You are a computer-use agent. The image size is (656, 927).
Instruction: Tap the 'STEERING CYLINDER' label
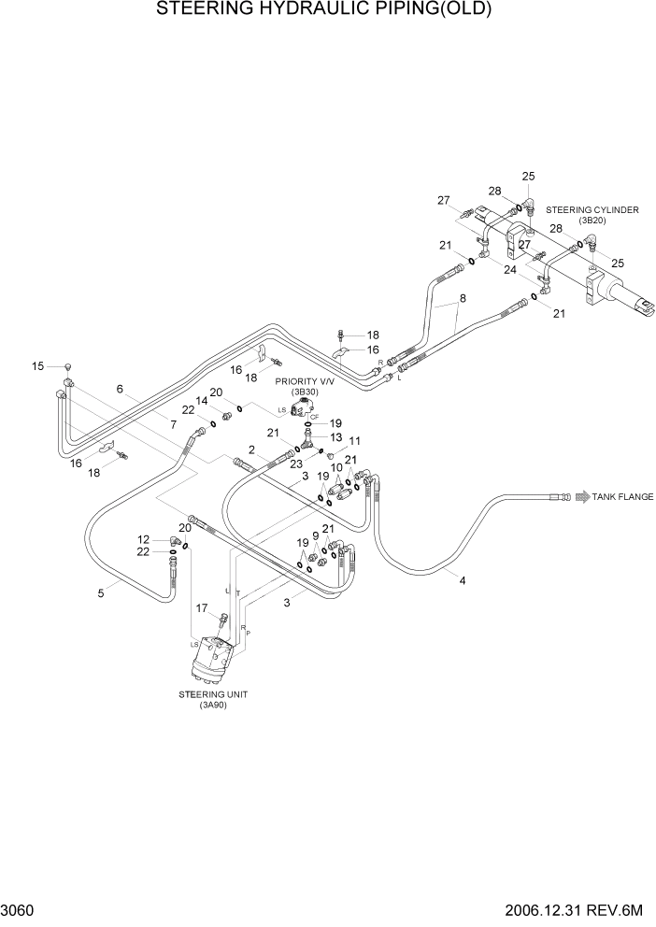pyautogui.click(x=592, y=210)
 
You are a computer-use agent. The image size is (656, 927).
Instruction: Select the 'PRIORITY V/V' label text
pyautogui.click(x=298, y=381)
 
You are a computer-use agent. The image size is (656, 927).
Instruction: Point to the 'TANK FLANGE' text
pyautogui.click(x=622, y=497)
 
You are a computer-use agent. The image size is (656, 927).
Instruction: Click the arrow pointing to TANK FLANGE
pyautogui.click(x=579, y=497)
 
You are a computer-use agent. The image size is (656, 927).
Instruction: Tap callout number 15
pyautogui.click(x=38, y=366)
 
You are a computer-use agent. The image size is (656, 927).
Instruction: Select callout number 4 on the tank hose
pyautogui.click(x=462, y=580)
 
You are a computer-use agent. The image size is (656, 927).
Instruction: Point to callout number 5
pyautogui.click(x=101, y=592)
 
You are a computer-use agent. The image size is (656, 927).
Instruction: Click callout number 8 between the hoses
pyautogui.click(x=461, y=300)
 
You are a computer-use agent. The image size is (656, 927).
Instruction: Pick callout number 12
pyautogui.click(x=144, y=539)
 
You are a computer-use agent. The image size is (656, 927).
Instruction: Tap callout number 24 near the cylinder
pyautogui.click(x=511, y=271)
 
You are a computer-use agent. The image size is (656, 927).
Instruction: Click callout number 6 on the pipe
pyautogui.click(x=120, y=389)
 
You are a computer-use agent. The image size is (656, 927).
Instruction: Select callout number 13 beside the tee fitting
pyautogui.click(x=335, y=436)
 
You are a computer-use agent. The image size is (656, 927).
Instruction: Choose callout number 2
pyautogui.click(x=252, y=449)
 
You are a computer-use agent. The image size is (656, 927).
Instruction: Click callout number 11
pyautogui.click(x=354, y=440)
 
